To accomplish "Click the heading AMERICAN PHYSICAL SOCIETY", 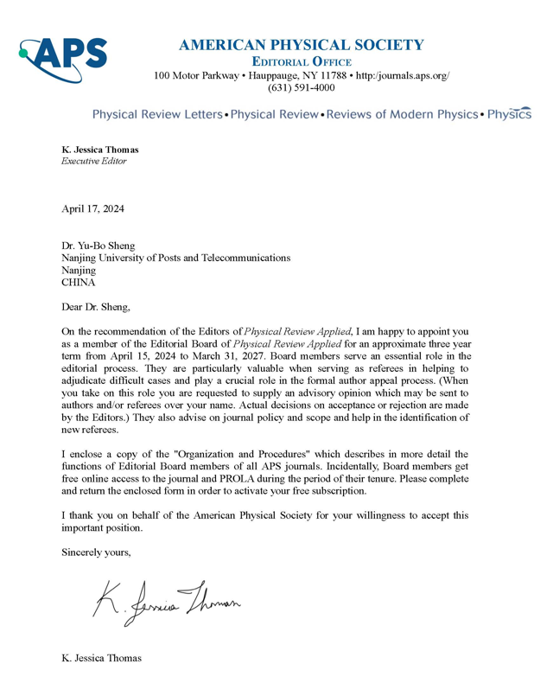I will (301, 45).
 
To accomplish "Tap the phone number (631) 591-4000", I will (301, 88).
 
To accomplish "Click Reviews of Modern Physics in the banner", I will (402, 114).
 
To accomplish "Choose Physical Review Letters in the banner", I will (156, 114).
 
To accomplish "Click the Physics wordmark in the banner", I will (509, 114).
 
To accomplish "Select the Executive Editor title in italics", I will (93, 161).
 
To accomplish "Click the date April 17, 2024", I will (92, 208).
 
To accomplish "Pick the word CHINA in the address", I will (79, 282).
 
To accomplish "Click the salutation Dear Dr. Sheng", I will (99, 306).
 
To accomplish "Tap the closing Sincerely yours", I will (96, 551).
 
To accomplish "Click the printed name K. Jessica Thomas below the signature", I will (101, 659).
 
